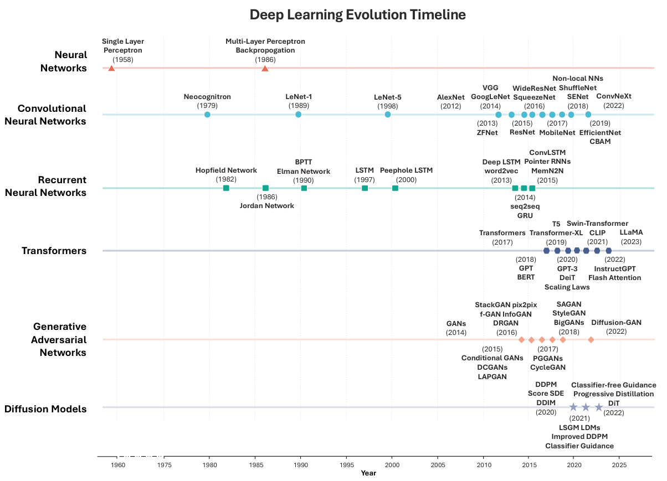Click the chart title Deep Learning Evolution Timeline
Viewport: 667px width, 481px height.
[357, 14]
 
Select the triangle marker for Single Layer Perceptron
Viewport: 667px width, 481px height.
[111, 69]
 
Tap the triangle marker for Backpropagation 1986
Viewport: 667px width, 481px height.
[265, 69]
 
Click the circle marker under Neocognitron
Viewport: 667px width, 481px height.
[207, 115]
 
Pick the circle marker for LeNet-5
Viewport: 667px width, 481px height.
[387, 115]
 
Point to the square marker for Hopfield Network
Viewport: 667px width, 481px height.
[226, 188]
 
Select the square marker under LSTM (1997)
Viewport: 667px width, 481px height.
[365, 188]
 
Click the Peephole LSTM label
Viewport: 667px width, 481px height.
[406, 170]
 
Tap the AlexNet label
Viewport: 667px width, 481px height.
[450, 97]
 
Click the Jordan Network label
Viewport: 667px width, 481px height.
[267, 205]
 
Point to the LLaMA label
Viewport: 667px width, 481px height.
[631, 232]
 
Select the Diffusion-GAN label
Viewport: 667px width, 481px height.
[616, 323]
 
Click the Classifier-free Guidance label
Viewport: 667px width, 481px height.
[613, 385]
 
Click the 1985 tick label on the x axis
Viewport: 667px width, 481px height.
[255, 466]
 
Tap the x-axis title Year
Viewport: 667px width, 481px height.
[368, 473]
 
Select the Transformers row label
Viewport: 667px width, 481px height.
[54, 251]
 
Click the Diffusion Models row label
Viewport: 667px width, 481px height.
[45, 409]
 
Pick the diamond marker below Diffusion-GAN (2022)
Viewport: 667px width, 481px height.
[591, 340]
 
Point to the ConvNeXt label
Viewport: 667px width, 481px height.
[613, 96]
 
